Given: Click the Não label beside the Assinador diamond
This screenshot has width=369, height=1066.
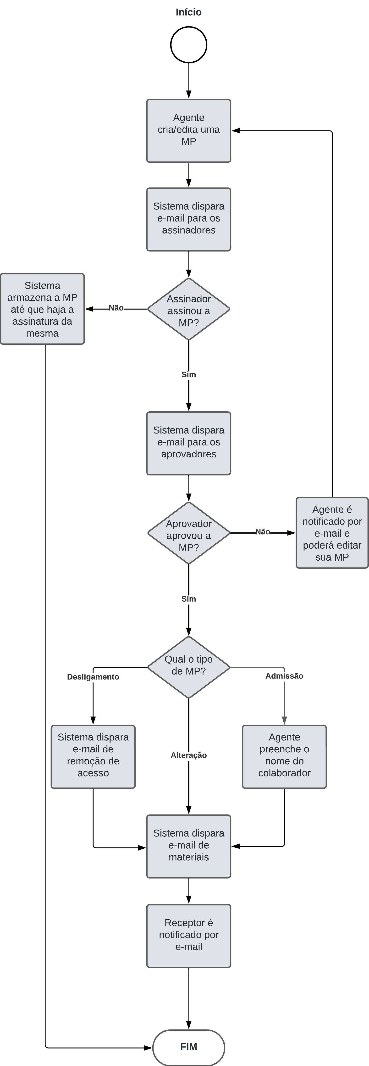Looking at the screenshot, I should click(116, 308).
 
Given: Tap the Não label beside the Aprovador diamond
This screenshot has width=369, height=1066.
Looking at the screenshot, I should click(263, 532).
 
